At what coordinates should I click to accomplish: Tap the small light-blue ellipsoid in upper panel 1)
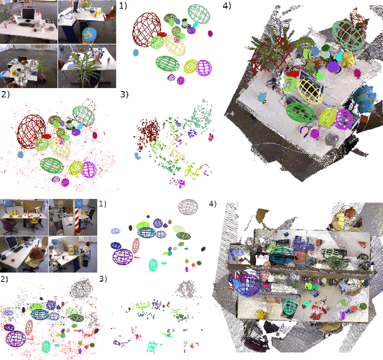[136, 53]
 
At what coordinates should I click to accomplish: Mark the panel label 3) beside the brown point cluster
[124, 94]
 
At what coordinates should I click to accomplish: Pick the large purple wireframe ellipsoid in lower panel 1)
[123, 256]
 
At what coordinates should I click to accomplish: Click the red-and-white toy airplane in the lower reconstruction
[316, 309]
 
